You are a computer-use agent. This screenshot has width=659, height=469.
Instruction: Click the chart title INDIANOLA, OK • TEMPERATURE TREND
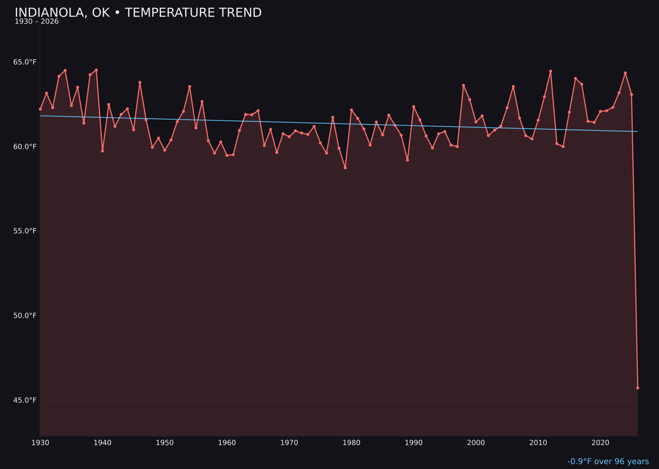tap(138, 13)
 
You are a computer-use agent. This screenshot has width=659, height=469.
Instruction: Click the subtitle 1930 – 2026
tap(37, 22)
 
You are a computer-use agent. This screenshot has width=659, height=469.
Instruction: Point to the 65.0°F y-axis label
tap(25, 62)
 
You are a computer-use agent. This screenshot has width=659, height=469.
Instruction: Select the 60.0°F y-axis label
tap(25, 147)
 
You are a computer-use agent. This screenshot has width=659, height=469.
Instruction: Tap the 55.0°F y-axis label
tap(25, 231)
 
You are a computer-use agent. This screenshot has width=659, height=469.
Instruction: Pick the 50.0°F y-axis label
tap(25, 316)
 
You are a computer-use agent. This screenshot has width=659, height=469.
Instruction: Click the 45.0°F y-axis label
tap(25, 401)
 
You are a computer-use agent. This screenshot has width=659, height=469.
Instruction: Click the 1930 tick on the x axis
tap(40, 443)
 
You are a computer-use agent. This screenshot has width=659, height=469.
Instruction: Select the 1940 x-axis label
tap(103, 443)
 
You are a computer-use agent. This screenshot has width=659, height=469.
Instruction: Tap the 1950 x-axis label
tap(165, 443)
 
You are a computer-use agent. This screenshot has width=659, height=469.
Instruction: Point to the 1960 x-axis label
tap(227, 443)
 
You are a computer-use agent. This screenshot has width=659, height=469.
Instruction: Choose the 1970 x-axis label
tap(289, 443)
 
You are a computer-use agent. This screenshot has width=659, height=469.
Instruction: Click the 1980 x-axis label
tap(351, 443)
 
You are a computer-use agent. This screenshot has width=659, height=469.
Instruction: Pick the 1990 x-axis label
tap(414, 443)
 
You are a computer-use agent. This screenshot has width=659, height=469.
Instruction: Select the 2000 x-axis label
tap(476, 443)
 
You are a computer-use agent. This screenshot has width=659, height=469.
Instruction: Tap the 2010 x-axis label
tap(538, 443)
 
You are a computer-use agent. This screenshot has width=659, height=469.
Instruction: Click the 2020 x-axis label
tap(600, 443)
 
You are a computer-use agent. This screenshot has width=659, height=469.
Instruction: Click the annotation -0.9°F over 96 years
tap(608, 462)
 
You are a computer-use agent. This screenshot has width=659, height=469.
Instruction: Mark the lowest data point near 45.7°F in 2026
tap(638, 388)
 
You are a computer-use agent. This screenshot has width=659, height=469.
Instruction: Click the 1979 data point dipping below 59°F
tap(345, 167)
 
